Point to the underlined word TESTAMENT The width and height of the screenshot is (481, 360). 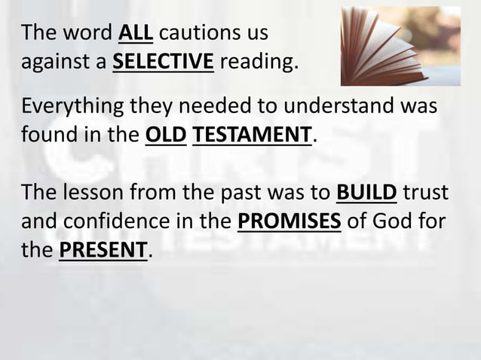coord(252,136)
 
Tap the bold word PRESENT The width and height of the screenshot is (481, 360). coord(103,249)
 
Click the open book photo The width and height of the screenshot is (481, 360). coord(400,45)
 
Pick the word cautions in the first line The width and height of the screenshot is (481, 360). coord(200,33)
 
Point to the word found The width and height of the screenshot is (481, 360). coord(47,136)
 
